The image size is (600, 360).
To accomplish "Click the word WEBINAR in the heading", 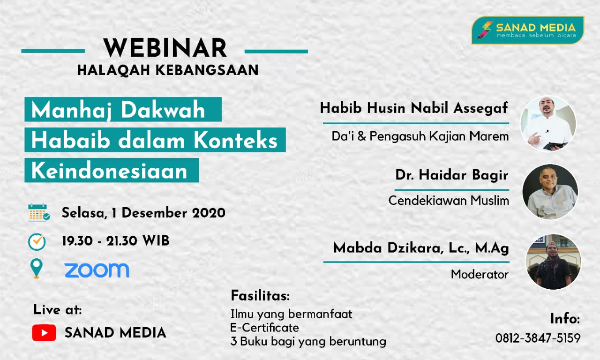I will click(165, 48).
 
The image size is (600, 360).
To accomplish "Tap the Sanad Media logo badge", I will click(528, 30).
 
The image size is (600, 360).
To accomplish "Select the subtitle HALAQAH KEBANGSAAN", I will click(168, 70).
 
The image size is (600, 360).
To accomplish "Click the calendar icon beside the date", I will click(38, 212).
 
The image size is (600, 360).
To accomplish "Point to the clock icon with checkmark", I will click(37, 241).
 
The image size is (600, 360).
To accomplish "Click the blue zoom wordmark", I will click(97, 270).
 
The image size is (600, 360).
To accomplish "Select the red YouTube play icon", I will click(44, 333).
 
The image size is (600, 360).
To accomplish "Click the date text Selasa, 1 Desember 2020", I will click(143, 213).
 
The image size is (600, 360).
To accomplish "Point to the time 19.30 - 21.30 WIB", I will click(115, 241).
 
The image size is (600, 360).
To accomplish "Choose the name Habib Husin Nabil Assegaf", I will click(414, 108).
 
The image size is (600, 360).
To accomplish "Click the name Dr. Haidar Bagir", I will click(452, 175).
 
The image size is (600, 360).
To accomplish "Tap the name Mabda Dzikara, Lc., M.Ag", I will click(421, 248).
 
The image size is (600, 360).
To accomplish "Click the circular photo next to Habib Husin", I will click(548, 124).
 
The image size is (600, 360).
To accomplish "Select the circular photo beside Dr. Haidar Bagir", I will click(550, 192).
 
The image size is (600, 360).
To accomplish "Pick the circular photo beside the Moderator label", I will click(553, 262).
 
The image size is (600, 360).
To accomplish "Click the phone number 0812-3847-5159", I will click(538, 338).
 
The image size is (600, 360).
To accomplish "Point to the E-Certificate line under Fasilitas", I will click(264, 328).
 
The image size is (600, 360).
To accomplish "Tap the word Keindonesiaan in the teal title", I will click(110, 171).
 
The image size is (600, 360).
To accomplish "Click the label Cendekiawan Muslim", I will click(449, 201).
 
